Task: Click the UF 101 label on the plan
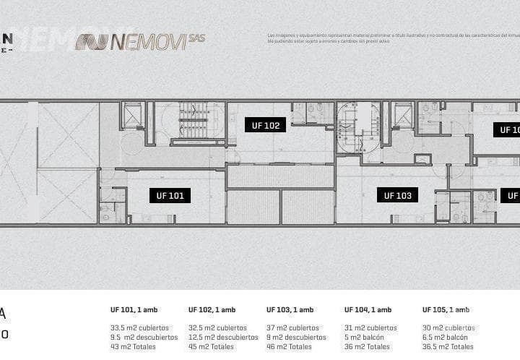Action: pyautogui.click(x=170, y=195)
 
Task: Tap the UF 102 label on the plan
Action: pyautogui.click(x=265, y=125)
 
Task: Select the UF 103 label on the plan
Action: pyautogui.click(x=397, y=195)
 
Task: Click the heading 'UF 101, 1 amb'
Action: pyautogui.click(x=134, y=310)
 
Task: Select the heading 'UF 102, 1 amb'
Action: pyautogui.click(x=212, y=310)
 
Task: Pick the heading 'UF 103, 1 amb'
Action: pyautogui.click(x=290, y=310)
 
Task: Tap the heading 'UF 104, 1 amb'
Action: pyautogui.click(x=368, y=310)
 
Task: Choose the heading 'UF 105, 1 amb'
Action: pyautogui.click(x=446, y=310)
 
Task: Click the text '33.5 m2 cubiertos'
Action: pyautogui.click(x=139, y=327)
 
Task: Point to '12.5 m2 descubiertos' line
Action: pyautogui.click(x=223, y=337)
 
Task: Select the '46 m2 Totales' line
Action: pyautogui.click(x=289, y=346)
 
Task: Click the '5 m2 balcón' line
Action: pyautogui.click(x=364, y=337)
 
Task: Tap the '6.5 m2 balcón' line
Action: pyautogui.click(x=445, y=337)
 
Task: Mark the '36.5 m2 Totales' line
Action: pyautogui.click(x=448, y=346)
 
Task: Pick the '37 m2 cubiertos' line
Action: pyautogui.click(x=292, y=327)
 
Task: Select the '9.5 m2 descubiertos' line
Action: pyautogui.click(x=144, y=337)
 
